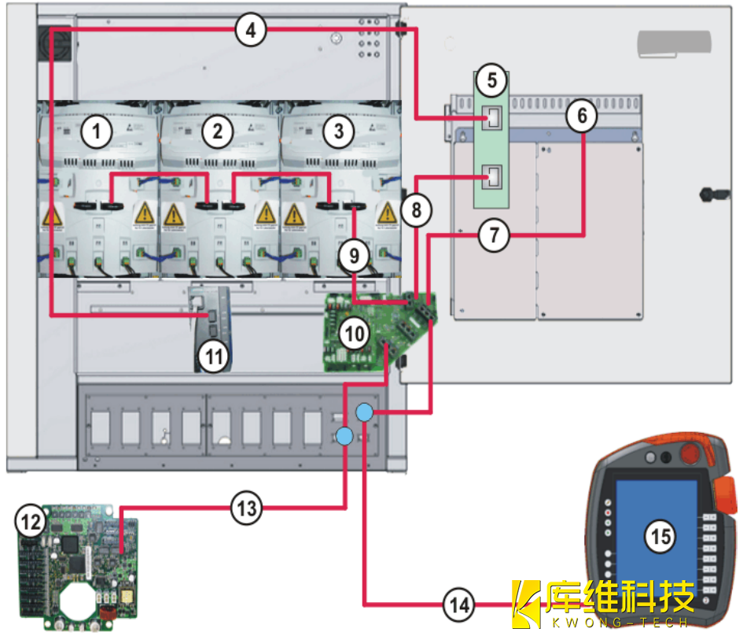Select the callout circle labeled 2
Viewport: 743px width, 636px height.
click(x=217, y=132)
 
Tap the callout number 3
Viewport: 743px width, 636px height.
click(x=338, y=131)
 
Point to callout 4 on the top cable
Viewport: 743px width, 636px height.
click(x=251, y=31)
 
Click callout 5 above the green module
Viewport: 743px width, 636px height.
click(x=492, y=79)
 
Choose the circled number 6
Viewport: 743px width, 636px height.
click(x=582, y=116)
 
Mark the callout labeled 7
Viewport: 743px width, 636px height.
click(x=494, y=235)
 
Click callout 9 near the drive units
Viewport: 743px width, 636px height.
click(x=354, y=254)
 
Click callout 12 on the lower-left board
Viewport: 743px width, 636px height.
click(x=31, y=520)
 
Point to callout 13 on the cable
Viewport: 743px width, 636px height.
click(x=247, y=508)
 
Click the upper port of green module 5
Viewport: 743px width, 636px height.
click(x=495, y=118)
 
